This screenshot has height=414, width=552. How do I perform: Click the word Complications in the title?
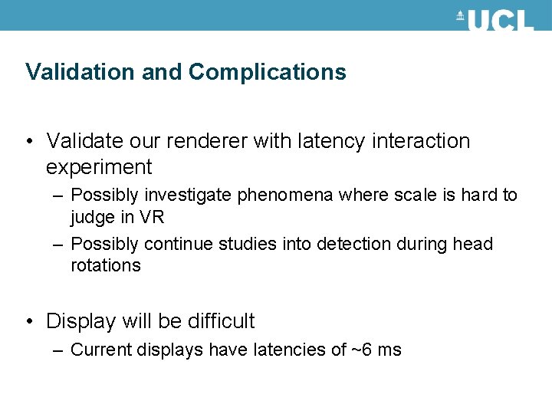[268, 72]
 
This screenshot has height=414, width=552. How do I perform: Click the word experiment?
[99, 166]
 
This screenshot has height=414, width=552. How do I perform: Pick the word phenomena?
[285, 195]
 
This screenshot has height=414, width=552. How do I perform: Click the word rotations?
[106, 266]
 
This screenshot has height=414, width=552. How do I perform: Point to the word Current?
[99, 350]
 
